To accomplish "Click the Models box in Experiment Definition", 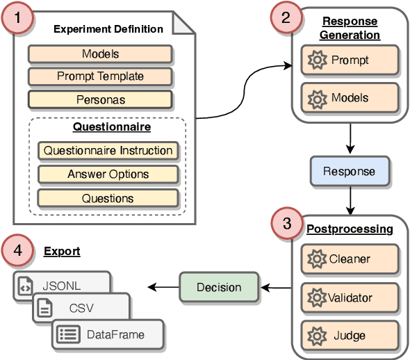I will click(100, 54).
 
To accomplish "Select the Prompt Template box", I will click(100, 76).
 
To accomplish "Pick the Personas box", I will click(100, 99).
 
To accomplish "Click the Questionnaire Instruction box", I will click(108, 150).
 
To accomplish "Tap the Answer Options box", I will click(108, 174).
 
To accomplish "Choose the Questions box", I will click(108, 198).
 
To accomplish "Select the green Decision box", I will click(219, 287).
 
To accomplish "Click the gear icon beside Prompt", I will click(316, 60).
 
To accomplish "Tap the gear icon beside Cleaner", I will click(316, 259).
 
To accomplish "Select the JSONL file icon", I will click(24, 284).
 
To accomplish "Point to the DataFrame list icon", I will click(67, 334).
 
